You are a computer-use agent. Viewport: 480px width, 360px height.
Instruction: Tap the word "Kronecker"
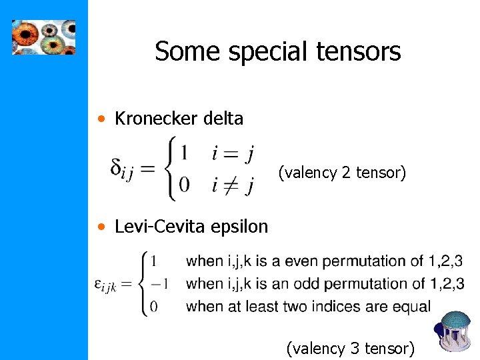157,119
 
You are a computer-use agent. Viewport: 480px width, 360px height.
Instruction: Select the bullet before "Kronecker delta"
100,119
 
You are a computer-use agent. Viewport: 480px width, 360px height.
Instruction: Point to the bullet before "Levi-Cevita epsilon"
100,227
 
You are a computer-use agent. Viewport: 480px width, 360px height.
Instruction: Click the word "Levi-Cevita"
161,227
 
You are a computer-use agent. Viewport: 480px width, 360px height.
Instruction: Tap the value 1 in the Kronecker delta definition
185,153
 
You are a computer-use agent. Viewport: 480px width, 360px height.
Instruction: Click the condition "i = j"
232,153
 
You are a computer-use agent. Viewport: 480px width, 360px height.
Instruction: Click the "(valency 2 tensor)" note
341,173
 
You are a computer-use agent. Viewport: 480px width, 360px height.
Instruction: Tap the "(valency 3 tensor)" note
350,348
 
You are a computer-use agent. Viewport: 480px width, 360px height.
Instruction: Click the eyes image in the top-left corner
43,37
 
